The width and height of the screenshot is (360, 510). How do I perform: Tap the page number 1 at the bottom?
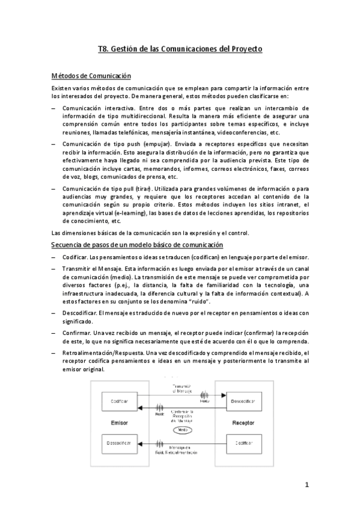point(306,485)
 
